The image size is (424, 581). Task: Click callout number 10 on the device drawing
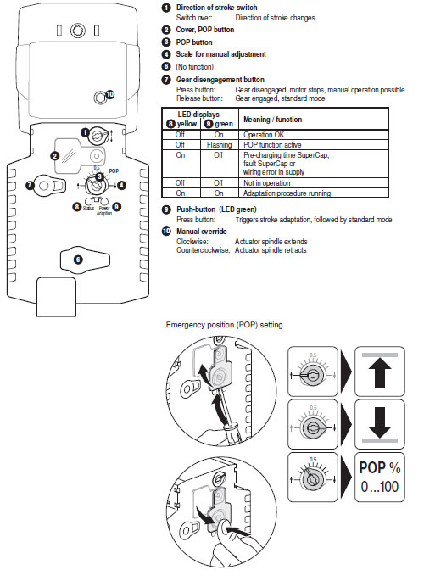(107, 94)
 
